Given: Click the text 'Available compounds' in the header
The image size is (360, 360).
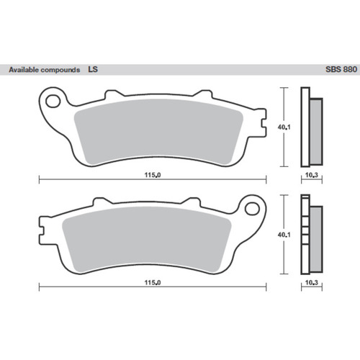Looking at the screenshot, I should tap(43, 71).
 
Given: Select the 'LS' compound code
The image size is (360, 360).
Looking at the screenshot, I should tap(92, 71).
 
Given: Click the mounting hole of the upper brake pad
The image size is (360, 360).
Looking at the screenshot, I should tap(53, 98).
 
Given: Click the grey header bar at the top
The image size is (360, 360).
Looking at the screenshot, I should tap(180, 71).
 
